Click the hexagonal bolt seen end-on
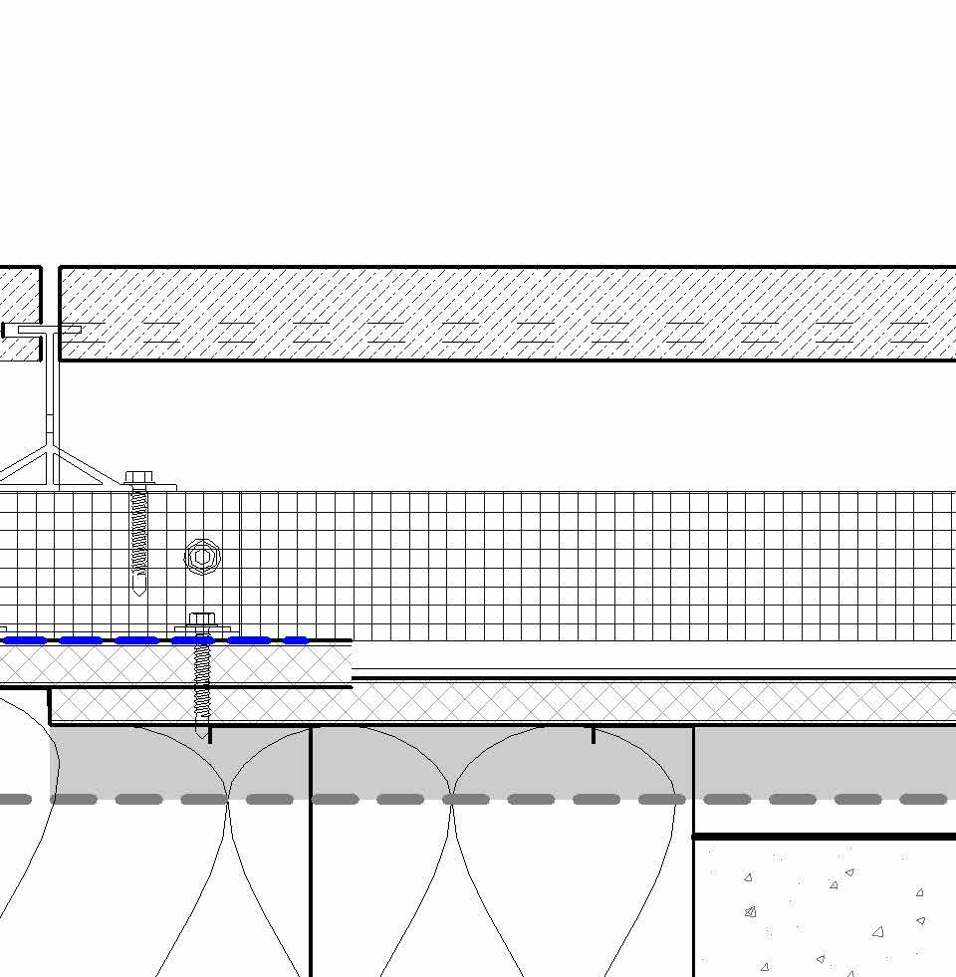[202, 557]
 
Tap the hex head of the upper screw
[137, 478]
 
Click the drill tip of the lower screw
[202, 733]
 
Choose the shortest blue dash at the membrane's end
[296, 640]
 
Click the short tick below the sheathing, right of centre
[594, 735]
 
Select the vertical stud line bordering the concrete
[693, 896]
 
